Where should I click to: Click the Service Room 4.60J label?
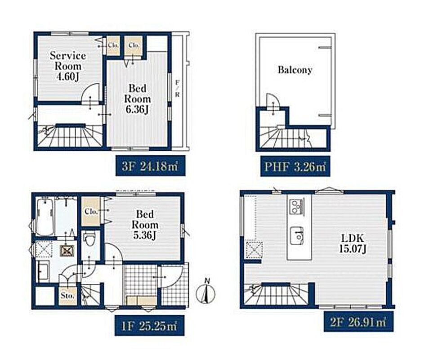point(68,66)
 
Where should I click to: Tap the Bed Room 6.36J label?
point(137,99)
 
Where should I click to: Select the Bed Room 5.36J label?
point(145,225)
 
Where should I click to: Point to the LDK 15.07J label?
point(353,243)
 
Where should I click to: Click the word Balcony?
point(295,70)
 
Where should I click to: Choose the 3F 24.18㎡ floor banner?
point(150,166)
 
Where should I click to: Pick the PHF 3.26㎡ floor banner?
point(295,166)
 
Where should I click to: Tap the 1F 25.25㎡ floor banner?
point(149,325)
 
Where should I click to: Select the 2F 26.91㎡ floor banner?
point(359,322)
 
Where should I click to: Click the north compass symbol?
point(206,292)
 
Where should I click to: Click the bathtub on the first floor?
point(45,216)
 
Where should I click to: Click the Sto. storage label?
point(67,296)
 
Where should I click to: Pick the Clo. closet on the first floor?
point(91,211)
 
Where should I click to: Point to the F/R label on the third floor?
point(177,89)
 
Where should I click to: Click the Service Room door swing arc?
point(90,93)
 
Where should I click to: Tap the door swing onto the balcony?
point(273,100)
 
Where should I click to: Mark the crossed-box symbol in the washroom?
point(67,250)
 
